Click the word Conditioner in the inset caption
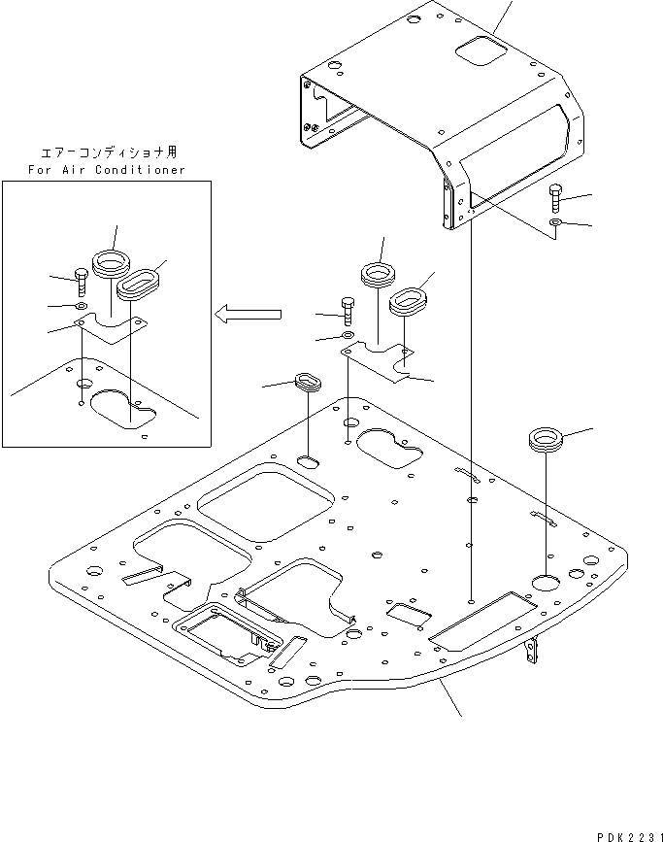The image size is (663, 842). pos(138,170)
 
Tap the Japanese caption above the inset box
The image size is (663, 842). pos(108,152)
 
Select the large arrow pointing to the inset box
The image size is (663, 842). pos(248,314)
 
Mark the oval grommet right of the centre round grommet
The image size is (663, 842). pos(409,298)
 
